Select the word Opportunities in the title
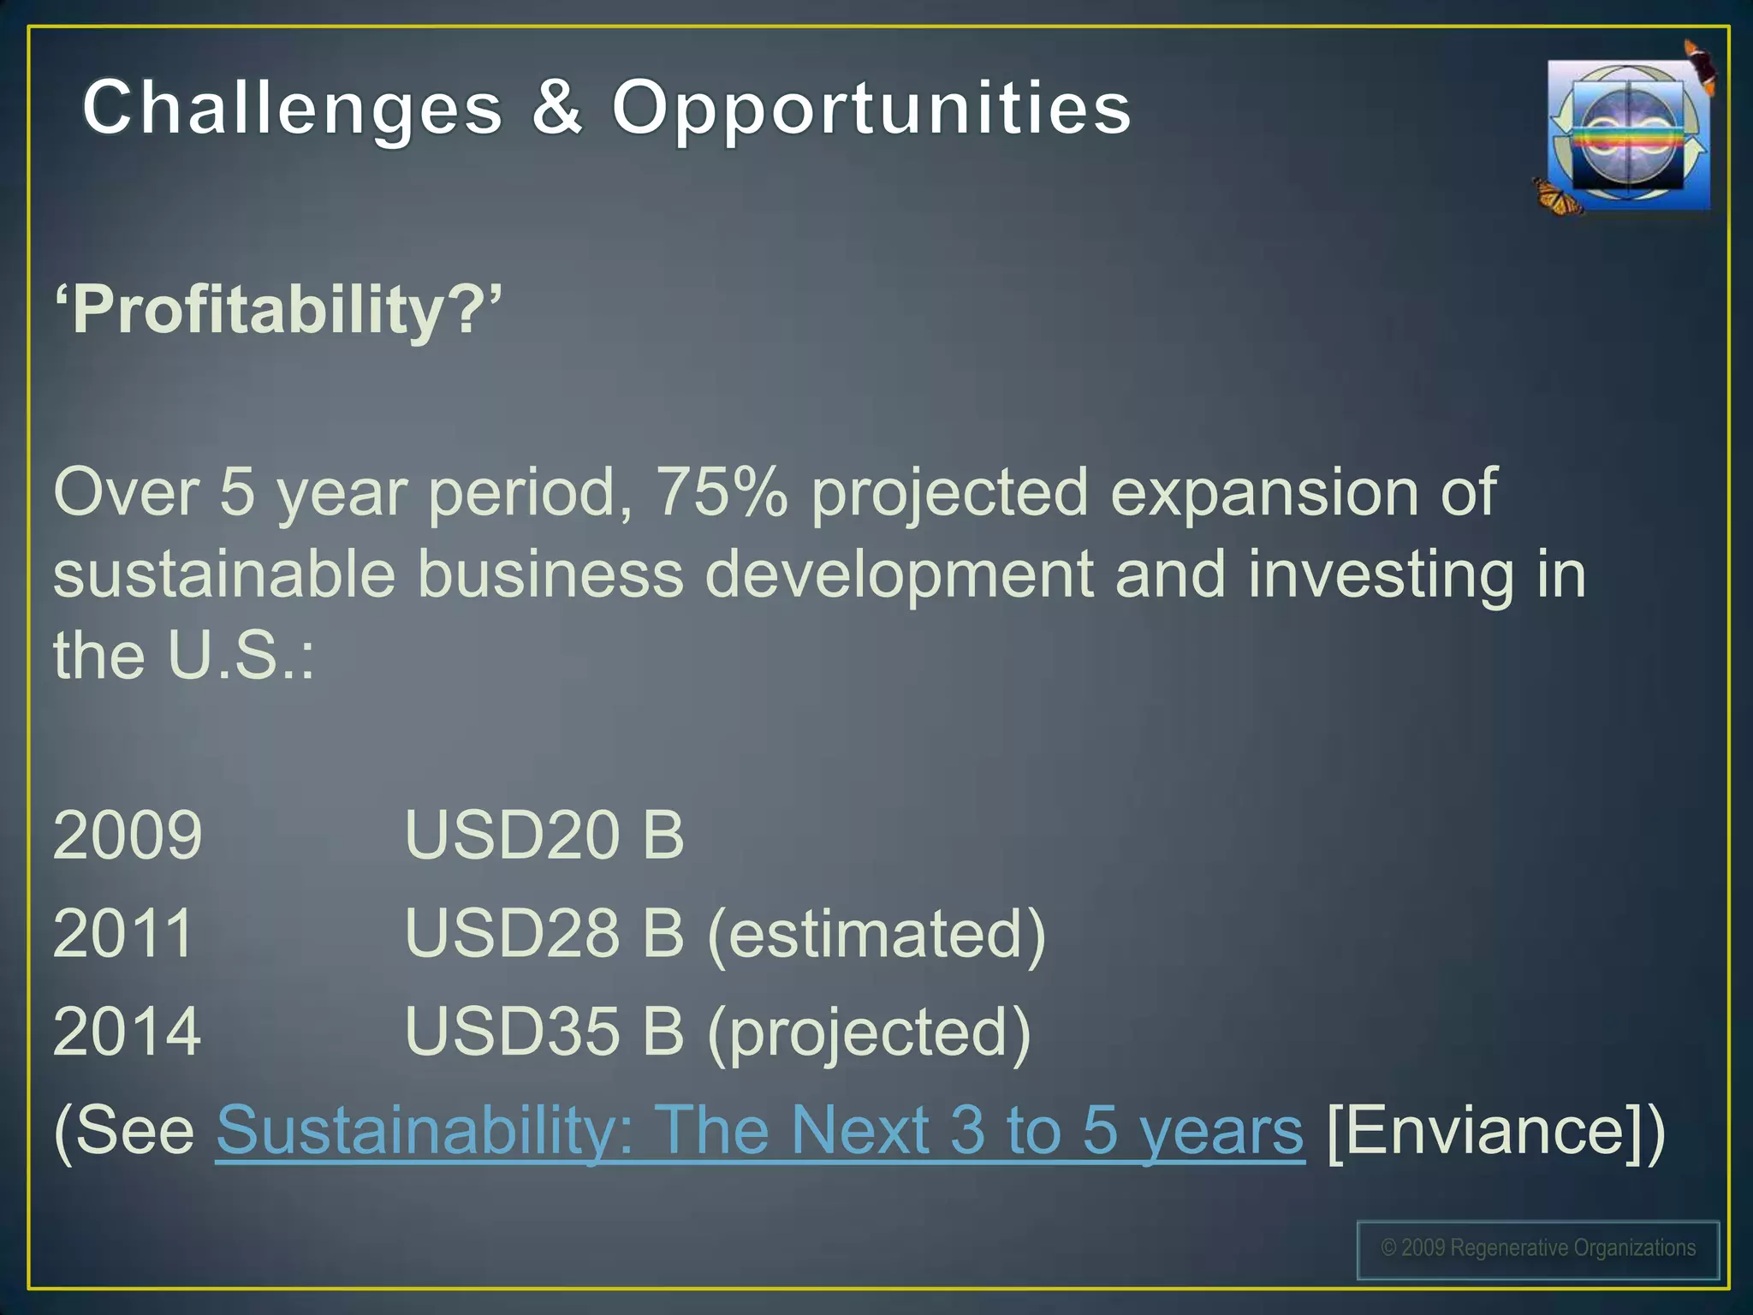[x=871, y=110]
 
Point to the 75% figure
[x=721, y=493]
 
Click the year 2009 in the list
[x=128, y=835]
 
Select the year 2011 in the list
[x=124, y=933]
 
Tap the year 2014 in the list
[x=128, y=1032]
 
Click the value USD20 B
[x=544, y=835]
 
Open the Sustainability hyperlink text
[x=759, y=1131]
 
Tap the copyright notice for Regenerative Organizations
[x=1538, y=1249]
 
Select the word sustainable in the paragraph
[x=224, y=575]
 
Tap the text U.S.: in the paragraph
[x=241, y=656]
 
